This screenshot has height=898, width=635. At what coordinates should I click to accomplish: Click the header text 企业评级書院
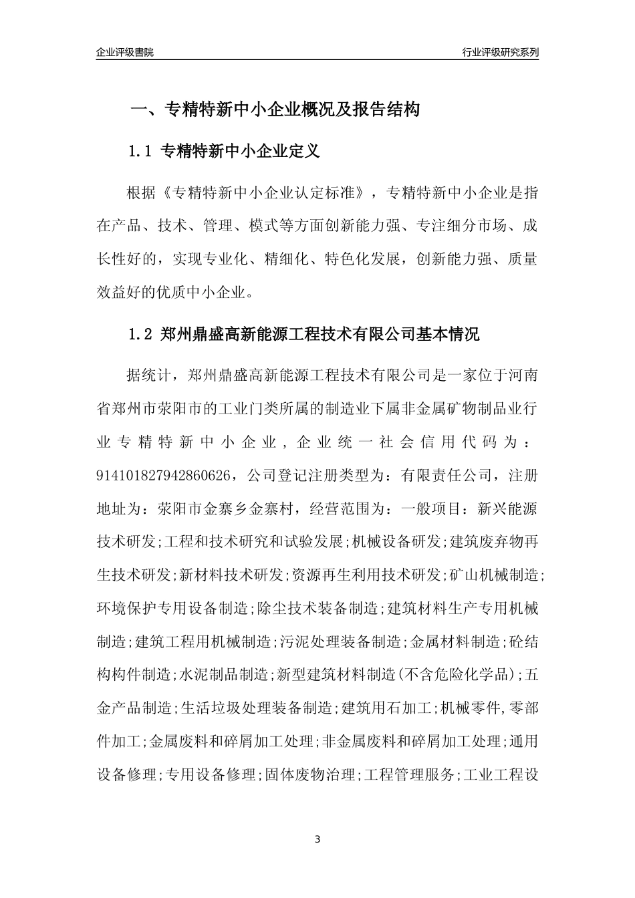[x=125, y=52]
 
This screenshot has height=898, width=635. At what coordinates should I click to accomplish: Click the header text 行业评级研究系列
[x=501, y=52]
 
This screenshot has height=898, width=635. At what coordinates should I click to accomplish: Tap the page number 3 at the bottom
[x=317, y=839]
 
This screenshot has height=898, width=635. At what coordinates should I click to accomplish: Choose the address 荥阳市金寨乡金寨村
[x=229, y=508]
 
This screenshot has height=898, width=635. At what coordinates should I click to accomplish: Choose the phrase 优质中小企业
[x=204, y=292]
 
